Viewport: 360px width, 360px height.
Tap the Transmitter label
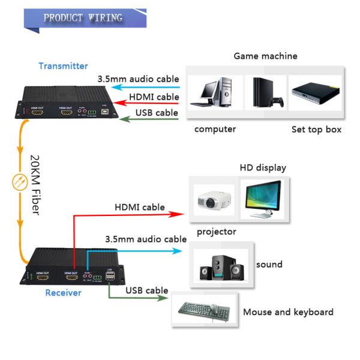[63, 66]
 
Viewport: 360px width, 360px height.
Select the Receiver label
[63, 293]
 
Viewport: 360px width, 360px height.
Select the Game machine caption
[265, 56]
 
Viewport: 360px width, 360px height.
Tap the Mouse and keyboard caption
[288, 312]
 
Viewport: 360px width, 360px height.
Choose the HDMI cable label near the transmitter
[154, 96]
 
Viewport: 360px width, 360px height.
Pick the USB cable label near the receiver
[146, 291]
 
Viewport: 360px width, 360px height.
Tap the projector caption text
[216, 232]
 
